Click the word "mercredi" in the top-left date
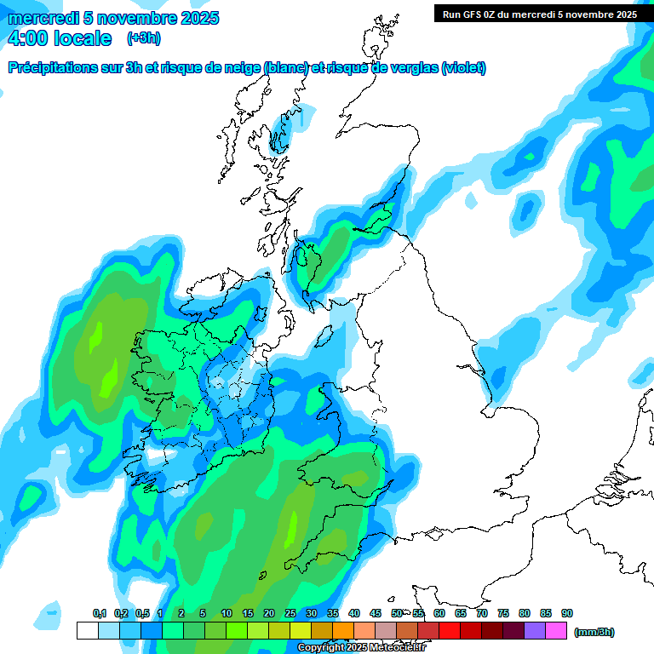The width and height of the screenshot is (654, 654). click(x=43, y=18)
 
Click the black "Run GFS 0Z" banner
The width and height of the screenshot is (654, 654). click(x=539, y=14)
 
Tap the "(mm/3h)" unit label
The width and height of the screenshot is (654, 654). click(x=594, y=632)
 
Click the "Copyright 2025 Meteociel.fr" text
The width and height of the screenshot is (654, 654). click(x=361, y=648)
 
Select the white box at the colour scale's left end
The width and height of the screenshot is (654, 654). click(x=87, y=631)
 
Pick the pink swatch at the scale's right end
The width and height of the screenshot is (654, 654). click(x=556, y=631)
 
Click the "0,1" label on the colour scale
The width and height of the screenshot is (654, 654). click(x=100, y=614)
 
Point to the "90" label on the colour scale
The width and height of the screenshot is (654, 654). click(x=567, y=614)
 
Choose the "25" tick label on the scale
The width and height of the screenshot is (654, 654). click(x=290, y=614)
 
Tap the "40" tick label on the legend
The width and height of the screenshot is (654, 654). click(x=354, y=614)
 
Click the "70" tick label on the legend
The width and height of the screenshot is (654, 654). click(x=482, y=614)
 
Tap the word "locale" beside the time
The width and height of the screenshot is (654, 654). click(x=82, y=38)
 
